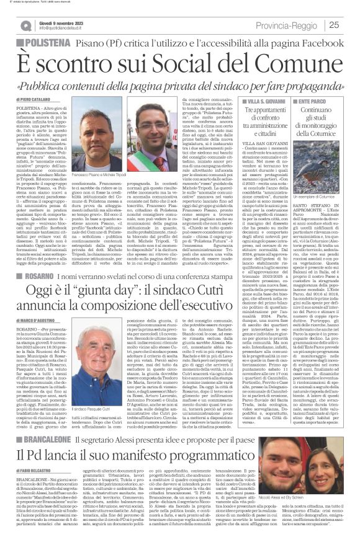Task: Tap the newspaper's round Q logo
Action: [25, 25]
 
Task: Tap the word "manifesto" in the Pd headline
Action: [157, 461]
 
